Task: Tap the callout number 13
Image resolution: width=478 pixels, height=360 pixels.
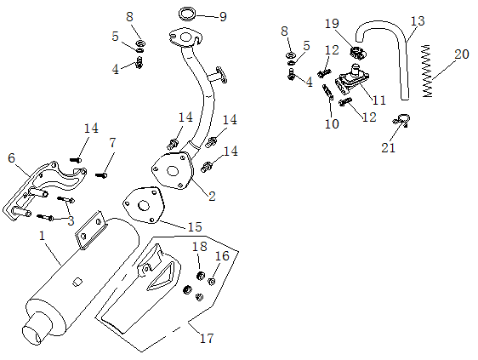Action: coord(417,20)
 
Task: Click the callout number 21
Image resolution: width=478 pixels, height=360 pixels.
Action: coord(389,148)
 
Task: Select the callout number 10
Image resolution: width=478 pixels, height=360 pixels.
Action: coord(332,123)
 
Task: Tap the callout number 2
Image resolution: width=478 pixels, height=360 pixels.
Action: coord(212,196)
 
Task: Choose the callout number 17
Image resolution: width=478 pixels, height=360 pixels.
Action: coord(206,339)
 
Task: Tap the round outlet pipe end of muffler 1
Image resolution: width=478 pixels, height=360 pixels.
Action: coord(36,332)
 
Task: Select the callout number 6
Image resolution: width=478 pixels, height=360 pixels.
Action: coord(11,157)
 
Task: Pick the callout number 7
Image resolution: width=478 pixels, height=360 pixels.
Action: coord(112,141)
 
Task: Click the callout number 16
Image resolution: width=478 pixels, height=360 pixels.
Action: coord(223,255)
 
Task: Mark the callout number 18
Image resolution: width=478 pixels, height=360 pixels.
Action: coord(199,247)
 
